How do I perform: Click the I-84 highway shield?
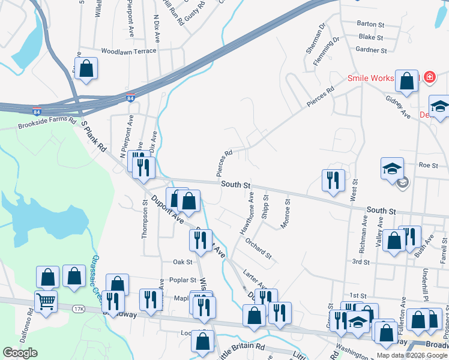pos(131,97)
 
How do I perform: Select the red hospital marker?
pos(429,77)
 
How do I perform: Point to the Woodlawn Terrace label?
pos(128,51)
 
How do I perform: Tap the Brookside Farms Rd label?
pos(47,123)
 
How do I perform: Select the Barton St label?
pos(370,25)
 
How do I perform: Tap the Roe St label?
pos(429,165)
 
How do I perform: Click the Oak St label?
pos(182,262)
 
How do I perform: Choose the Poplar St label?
pos(184,280)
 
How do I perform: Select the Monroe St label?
pos(286,214)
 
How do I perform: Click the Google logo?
pos(20,353)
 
